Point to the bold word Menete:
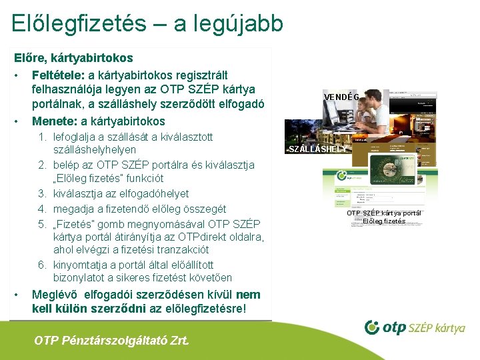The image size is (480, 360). tap(55, 121)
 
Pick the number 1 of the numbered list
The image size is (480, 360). tap(41, 137)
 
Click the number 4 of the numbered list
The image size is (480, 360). tap(41, 209)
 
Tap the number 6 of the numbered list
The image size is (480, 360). tap(41, 263)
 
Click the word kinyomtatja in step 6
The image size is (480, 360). tap(81, 263)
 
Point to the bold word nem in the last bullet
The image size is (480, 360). tap(248, 295)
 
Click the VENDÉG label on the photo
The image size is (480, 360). tap(342, 97)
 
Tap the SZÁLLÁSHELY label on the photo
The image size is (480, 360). tap(318, 149)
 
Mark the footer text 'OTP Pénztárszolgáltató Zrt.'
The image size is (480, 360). tap(111, 341)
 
